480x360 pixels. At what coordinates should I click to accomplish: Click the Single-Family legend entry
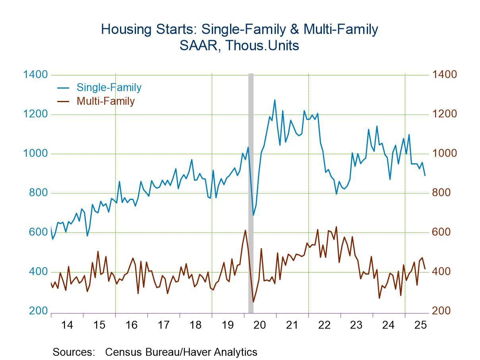(108, 87)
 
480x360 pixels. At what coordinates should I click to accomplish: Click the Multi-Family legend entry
(105, 101)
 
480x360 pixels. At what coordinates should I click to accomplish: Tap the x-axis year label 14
(67, 325)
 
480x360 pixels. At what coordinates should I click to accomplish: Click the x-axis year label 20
(260, 325)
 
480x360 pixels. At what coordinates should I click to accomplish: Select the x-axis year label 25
(420, 325)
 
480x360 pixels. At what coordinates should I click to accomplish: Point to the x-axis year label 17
(163, 325)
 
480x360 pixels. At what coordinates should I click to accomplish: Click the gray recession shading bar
(251, 191)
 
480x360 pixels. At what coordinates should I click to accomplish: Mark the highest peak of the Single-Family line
(275, 100)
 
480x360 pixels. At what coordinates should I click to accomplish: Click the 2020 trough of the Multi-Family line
(253, 302)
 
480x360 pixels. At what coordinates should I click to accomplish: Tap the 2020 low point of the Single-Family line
(253, 215)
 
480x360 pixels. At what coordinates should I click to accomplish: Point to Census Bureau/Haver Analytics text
(181, 352)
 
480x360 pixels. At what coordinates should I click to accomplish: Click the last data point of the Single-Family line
(425, 175)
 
